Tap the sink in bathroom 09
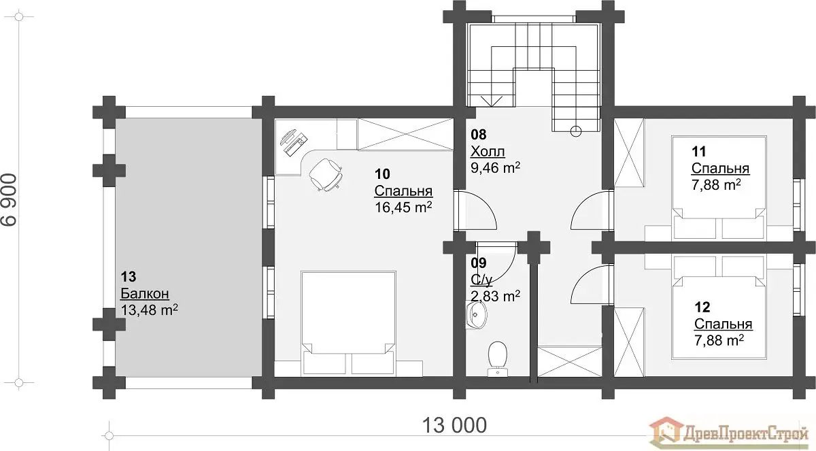(476, 315)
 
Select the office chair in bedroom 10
(326, 175)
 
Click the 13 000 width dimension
(454, 425)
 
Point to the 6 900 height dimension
(9, 200)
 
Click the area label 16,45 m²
(404, 207)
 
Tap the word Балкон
(145, 293)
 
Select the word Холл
(488, 151)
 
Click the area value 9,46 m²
(496, 168)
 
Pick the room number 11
(699, 151)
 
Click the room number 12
(702, 307)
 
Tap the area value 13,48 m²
(150, 310)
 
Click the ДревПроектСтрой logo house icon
(666, 434)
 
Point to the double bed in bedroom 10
(348, 322)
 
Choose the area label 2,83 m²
(496, 296)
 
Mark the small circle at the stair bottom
(575, 131)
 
